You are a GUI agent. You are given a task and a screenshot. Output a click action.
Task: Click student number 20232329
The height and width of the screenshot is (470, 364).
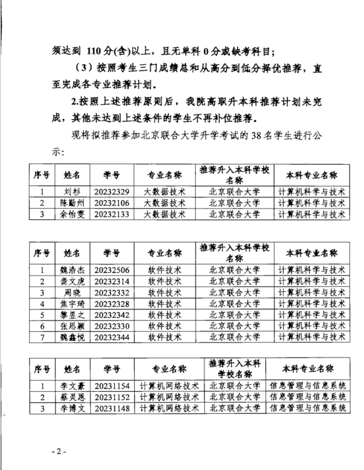pos(112,192)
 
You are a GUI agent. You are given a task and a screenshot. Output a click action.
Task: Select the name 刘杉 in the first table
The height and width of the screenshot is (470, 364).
pos(72,192)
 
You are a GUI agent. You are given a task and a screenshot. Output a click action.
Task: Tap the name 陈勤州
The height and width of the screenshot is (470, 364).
pos(72,203)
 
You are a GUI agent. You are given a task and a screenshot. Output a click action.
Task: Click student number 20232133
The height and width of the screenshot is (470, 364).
pos(112,214)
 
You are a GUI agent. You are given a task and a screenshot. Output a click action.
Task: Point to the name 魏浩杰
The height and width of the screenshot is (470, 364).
pos(72,270)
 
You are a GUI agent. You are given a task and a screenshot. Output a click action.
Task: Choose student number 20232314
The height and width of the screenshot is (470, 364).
pos(112,281)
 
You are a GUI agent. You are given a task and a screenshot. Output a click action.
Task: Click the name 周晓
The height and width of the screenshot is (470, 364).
pos(72,292)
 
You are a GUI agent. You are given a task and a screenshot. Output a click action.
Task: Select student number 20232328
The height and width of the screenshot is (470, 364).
pos(112,304)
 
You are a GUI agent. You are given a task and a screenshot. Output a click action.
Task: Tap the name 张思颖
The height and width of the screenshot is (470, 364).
pos(72,326)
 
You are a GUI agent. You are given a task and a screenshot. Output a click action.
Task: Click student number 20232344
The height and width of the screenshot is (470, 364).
pos(112,337)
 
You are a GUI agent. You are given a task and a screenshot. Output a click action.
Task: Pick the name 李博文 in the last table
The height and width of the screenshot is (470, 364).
pos(72,408)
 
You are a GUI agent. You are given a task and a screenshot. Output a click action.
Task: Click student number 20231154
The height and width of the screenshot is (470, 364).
pos(112,385)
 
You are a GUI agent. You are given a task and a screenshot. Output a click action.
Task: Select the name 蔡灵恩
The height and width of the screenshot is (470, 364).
pos(72,396)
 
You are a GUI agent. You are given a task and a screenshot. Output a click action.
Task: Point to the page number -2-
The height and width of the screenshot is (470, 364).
pos(58,451)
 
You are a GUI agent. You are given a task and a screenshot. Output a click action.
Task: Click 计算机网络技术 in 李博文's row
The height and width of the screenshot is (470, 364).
pos(169,408)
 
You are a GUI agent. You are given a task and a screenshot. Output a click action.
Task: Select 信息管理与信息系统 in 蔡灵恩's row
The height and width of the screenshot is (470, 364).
pos(308,396)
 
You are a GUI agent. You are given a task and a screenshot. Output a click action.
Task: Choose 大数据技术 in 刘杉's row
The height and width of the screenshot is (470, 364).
pos(164,192)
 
